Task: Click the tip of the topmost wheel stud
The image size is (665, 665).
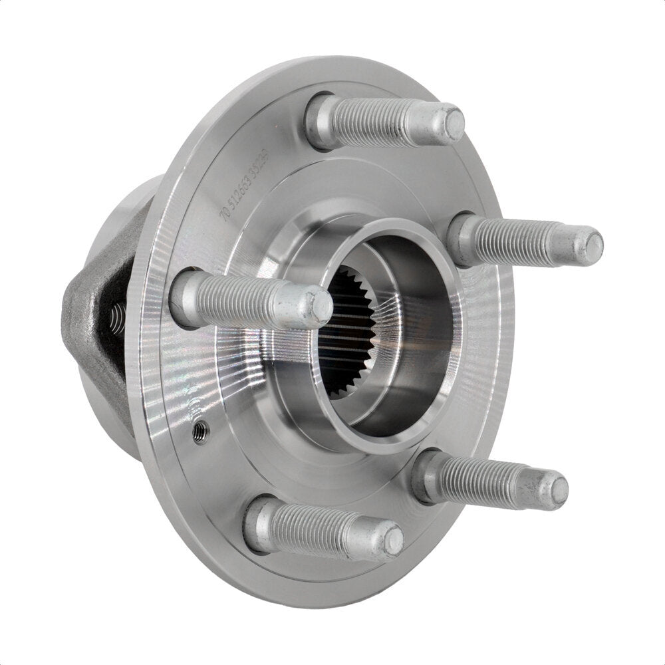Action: tap(454, 123)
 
